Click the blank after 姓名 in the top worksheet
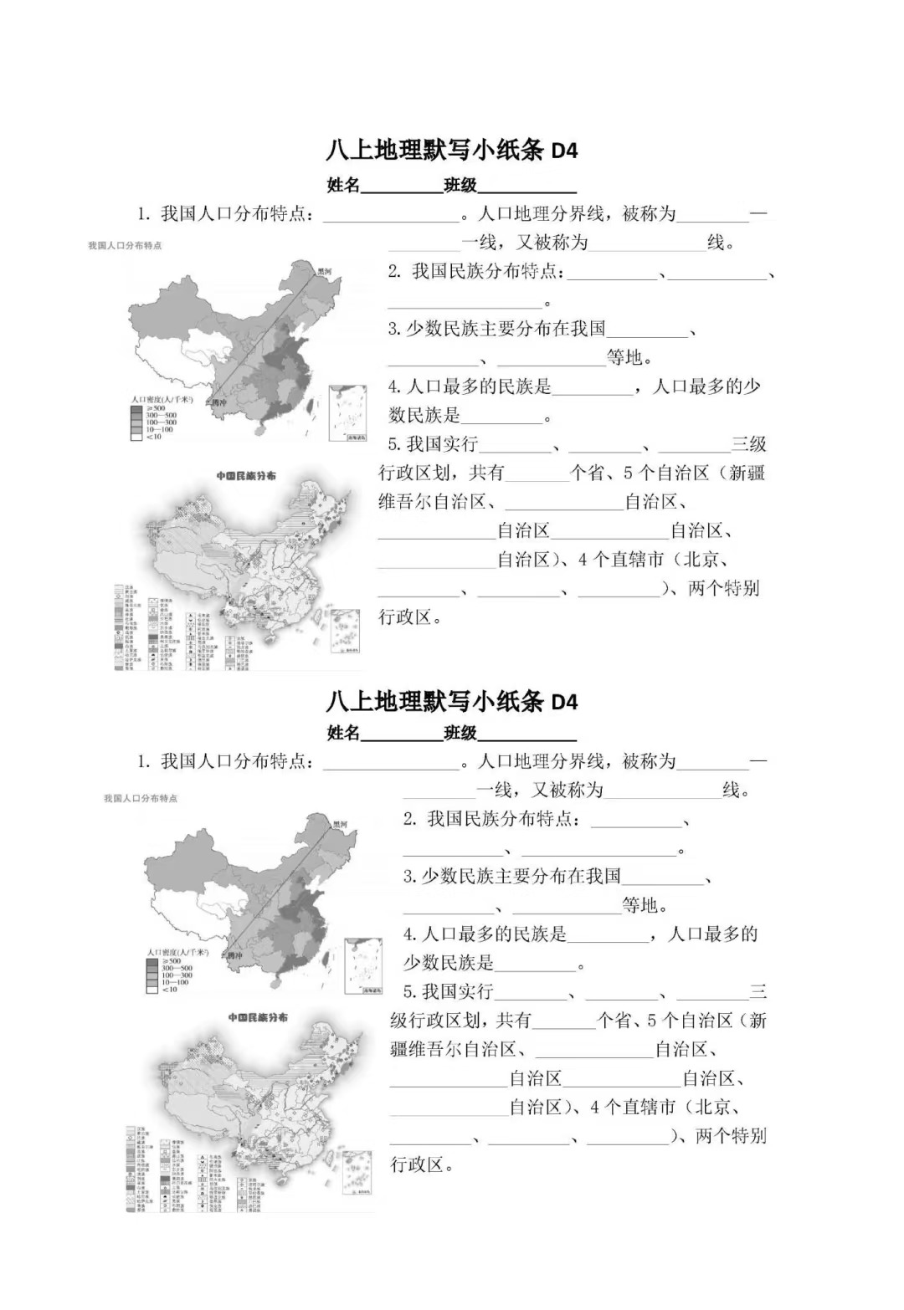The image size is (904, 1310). click(402, 186)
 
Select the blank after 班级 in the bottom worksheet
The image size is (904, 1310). click(526, 734)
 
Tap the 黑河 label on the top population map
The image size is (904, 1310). click(324, 272)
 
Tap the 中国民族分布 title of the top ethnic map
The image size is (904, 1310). click(245, 476)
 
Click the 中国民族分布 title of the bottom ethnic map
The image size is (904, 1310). click(258, 1017)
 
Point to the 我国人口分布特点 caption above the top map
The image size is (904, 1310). click(125, 245)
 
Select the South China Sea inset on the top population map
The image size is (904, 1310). click(347, 412)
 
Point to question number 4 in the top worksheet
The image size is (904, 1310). click(394, 386)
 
